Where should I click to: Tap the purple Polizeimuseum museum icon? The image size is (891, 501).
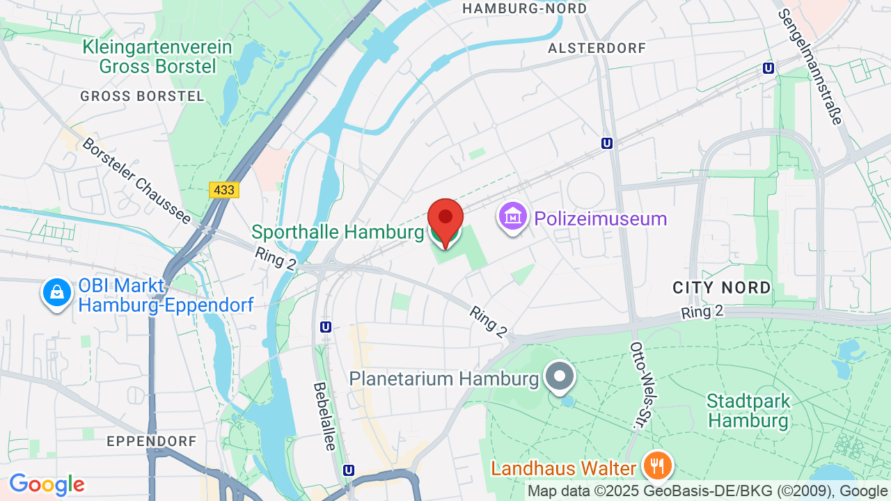tap(513, 218)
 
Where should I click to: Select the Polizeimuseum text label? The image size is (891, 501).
tap(601, 218)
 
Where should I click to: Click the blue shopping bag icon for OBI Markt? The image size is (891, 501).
tap(57, 293)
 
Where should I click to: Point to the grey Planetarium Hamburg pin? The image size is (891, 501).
tap(560, 376)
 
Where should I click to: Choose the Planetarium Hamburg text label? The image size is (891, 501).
tap(444, 379)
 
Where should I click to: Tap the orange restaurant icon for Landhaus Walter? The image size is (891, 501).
tap(656, 464)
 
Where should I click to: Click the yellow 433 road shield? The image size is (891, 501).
tap(223, 190)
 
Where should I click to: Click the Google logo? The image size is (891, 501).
tap(47, 484)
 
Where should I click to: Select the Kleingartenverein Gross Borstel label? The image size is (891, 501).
tap(157, 57)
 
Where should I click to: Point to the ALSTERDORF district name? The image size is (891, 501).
tap(597, 48)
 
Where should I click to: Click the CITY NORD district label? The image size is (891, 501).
tap(722, 287)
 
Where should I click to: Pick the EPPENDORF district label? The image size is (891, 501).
tap(152, 441)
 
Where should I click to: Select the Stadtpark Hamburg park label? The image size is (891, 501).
tap(748, 411)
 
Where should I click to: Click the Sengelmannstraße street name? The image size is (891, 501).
tap(810, 66)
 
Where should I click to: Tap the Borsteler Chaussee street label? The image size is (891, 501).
tap(136, 180)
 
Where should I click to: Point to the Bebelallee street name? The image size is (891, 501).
tap(324, 415)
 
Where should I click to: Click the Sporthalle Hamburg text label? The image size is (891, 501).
tap(338, 232)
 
